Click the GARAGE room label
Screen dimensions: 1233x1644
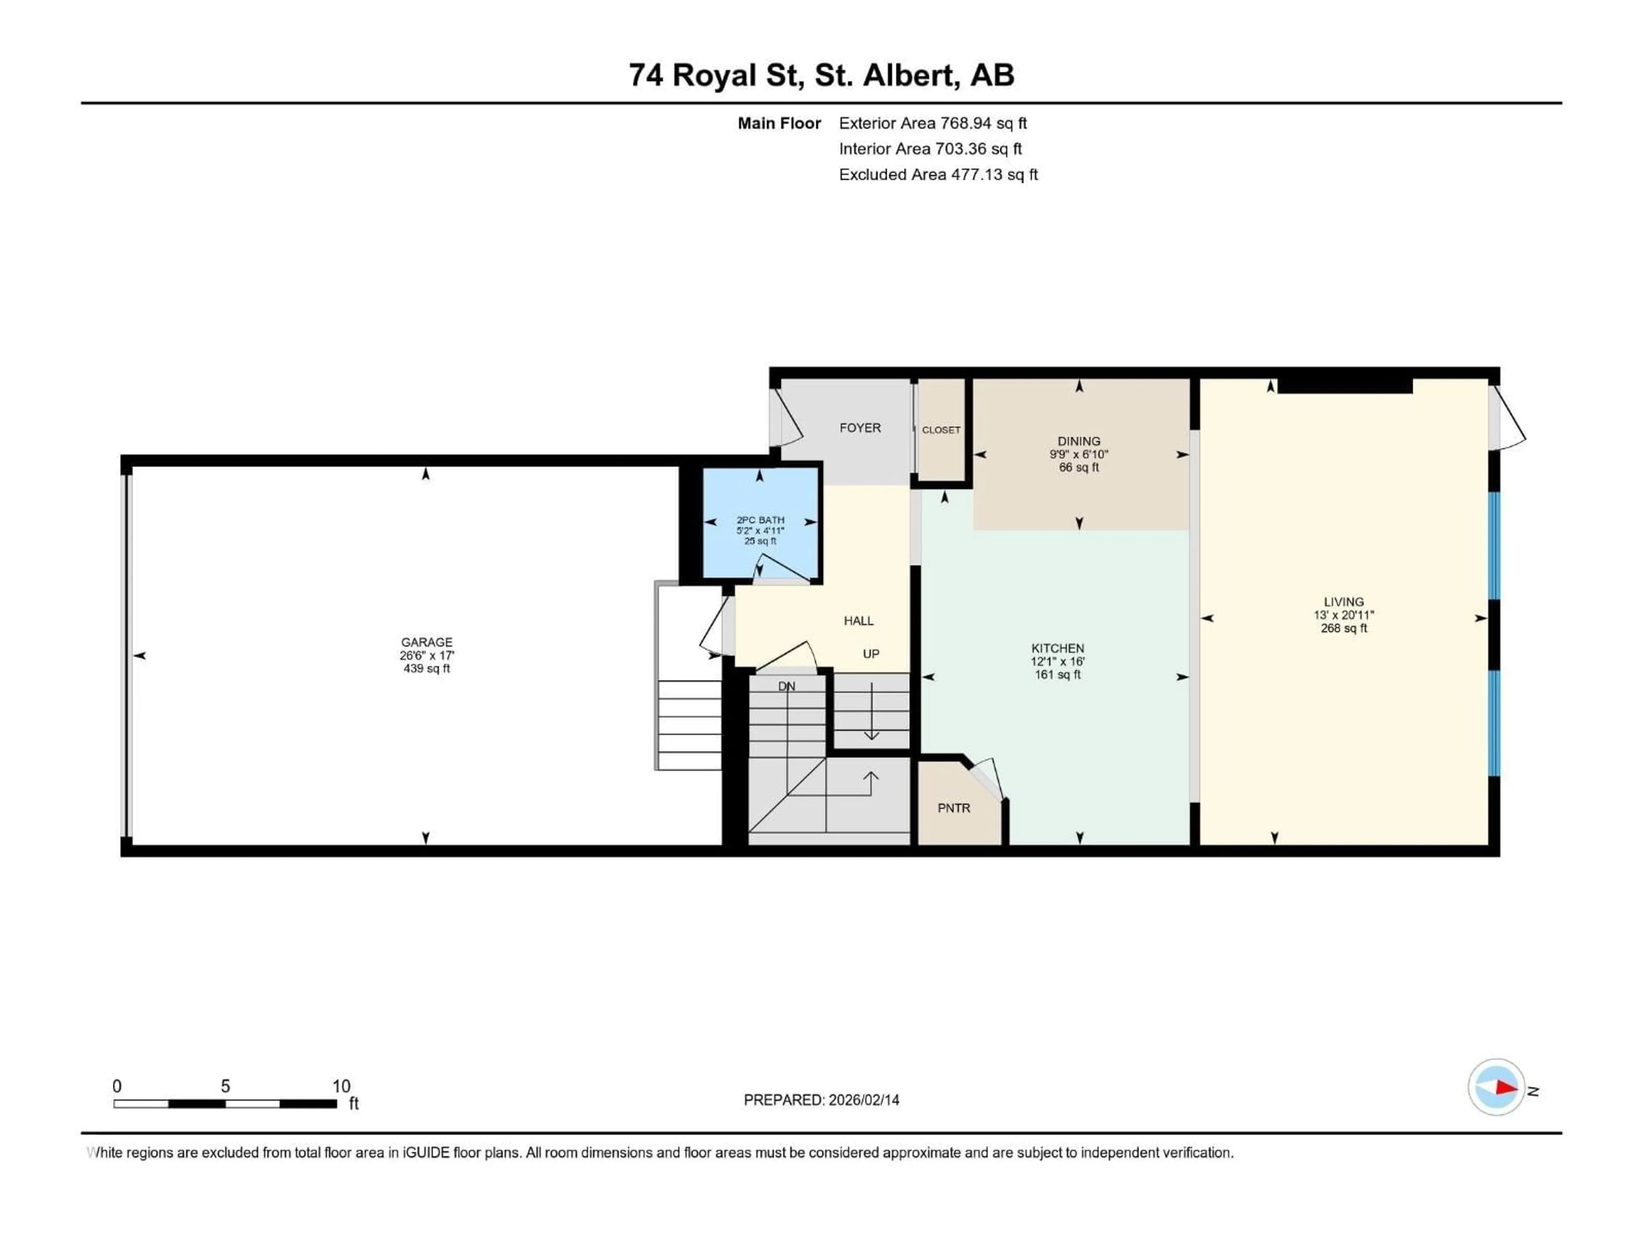pos(426,642)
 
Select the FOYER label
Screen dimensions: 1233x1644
pos(860,428)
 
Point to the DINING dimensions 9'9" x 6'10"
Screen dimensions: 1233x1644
pos(1078,454)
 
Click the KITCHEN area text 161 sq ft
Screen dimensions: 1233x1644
pos(1057,675)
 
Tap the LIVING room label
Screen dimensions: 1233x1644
pos(1344,602)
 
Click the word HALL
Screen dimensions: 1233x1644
pos(858,621)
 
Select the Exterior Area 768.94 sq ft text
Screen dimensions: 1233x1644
pos(933,123)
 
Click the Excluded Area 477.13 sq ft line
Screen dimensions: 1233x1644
pos(938,175)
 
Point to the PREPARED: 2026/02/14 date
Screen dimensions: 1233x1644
pos(821,1100)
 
